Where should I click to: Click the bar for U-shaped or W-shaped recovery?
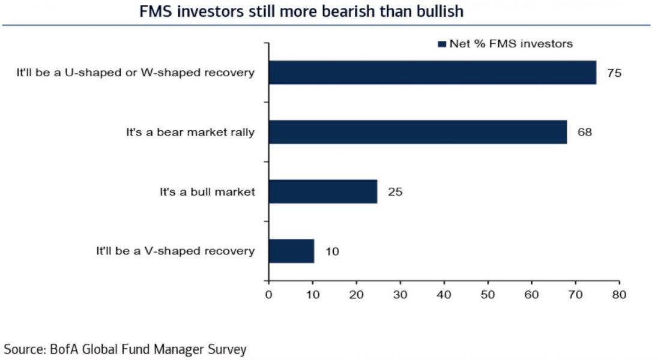[432, 73]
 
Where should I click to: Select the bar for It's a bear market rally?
[418, 132]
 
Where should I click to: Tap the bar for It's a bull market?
[323, 192]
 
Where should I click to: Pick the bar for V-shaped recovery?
[291, 251]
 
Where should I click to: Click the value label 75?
[614, 73]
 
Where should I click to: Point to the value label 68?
[585, 133]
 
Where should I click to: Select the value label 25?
[395, 192]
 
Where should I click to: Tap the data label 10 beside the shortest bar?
[332, 251]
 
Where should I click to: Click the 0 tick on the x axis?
[268, 295]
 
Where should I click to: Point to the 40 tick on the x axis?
[444, 295]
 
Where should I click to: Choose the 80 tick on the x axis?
[619, 295]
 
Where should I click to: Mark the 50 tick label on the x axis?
[487, 295]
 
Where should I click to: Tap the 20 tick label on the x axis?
[356, 295]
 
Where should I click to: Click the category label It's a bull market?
[204, 192]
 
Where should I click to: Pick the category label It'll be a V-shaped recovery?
[175, 251]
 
